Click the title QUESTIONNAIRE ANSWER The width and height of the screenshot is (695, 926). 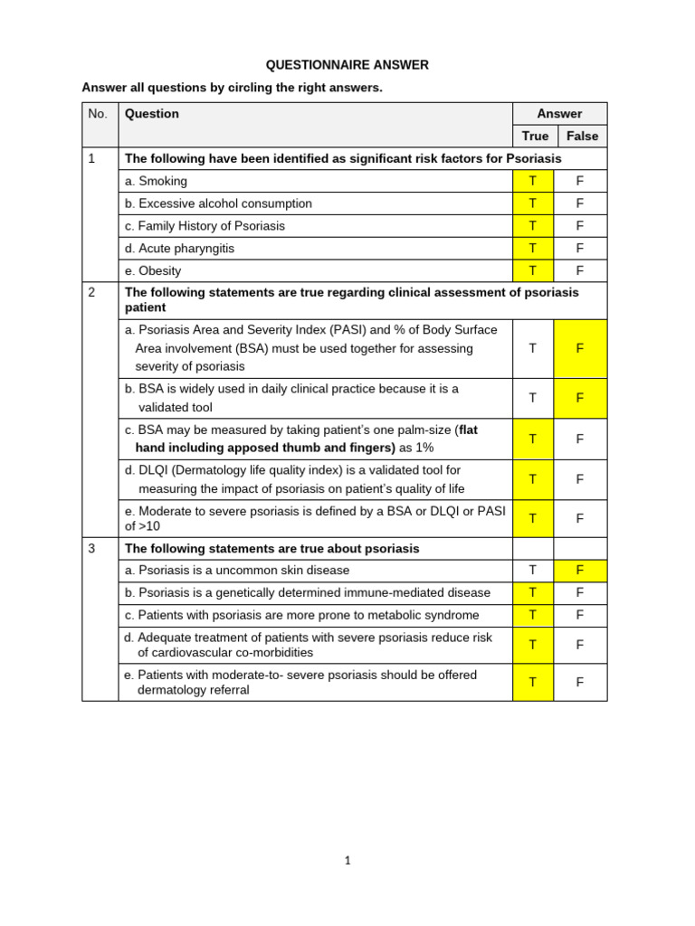(347, 65)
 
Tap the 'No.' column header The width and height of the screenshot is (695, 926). (98, 114)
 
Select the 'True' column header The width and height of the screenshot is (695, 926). (535, 136)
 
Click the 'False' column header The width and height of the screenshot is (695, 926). (582, 136)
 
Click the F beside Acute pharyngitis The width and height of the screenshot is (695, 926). (580, 248)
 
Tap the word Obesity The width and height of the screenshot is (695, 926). (159, 270)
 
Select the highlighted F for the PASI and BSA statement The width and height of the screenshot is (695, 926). (580, 348)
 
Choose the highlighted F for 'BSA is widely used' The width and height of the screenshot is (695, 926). (580, 398)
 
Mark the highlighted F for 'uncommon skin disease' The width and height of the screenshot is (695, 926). (580, 571)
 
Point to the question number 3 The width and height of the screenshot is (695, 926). (91, 549)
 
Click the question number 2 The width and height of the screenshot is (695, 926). (91, 292)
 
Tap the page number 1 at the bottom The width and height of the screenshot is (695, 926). (347, 861)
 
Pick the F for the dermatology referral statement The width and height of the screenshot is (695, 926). (580, 682)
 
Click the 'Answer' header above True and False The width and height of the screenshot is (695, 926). (559, 114)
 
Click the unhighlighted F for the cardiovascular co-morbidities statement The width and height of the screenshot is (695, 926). (580, 645)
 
